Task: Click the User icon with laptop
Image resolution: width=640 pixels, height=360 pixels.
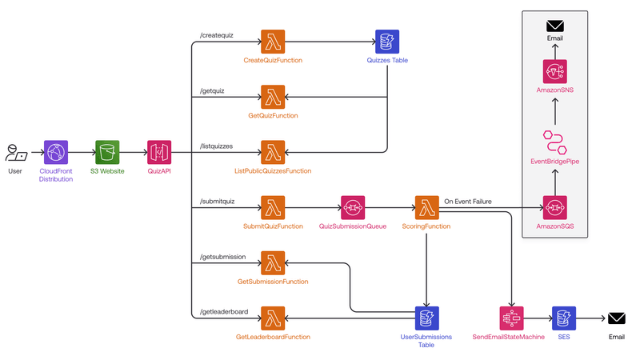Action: (15, 152)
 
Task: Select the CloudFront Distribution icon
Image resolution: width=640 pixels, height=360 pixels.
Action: (56, 152)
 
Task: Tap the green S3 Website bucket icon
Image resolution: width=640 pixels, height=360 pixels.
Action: (107, 152)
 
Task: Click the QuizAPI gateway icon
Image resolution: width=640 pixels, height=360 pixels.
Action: (159, 152)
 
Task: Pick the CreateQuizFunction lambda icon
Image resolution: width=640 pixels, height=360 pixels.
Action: (273, 42)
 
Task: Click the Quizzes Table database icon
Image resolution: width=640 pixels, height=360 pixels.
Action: (387, 42)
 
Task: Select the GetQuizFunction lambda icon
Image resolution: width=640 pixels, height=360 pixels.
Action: (273, 97)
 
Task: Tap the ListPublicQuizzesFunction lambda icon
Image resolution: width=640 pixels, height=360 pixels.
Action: (273, 152)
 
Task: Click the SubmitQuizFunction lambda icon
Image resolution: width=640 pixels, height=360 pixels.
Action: (273, 207)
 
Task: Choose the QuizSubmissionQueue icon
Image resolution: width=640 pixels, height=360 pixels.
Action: (353, 207)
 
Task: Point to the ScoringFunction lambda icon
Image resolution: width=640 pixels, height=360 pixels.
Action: (426, 207)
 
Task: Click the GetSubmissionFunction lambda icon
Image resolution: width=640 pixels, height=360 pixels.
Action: (273, 262)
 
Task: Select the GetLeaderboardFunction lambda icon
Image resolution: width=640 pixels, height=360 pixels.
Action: (273, 318)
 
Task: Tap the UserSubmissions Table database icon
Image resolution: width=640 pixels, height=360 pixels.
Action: (426, 318)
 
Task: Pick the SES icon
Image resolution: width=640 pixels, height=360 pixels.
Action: (562, 318)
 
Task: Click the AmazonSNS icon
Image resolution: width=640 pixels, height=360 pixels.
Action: (554, 72)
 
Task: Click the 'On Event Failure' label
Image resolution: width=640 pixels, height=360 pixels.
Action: (468, 201)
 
